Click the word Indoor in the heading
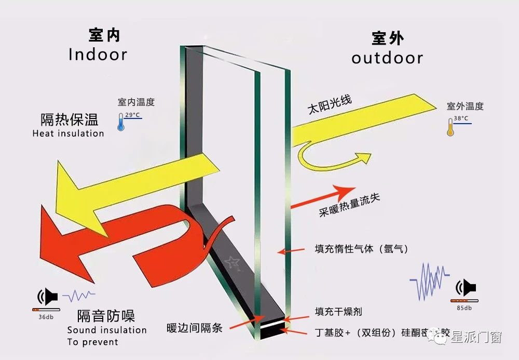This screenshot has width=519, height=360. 98,55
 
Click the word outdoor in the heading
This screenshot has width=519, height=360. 387,58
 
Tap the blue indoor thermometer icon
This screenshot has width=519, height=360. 121,122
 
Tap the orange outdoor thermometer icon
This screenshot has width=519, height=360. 450,127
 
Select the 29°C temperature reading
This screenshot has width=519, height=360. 132,115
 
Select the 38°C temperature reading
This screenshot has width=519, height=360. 461,118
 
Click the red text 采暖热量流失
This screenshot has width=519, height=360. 349,206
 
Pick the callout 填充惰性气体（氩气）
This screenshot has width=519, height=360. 362,249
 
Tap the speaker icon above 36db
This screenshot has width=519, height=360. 47,297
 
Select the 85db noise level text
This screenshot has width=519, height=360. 464,308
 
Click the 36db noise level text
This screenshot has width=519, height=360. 46,316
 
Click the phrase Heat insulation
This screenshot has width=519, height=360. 68,134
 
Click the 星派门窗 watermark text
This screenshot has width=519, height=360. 477,338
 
